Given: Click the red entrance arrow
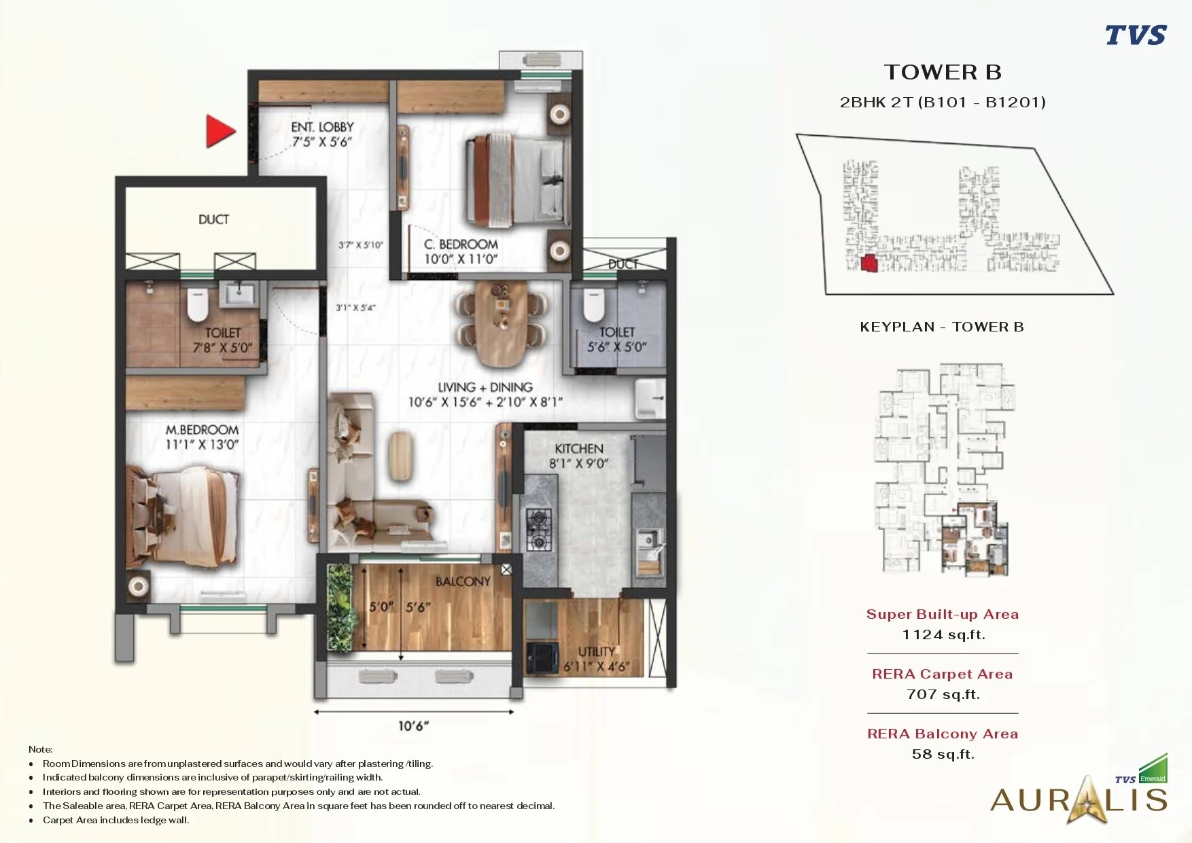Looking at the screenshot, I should [x=220, y=131].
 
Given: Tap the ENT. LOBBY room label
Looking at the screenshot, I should [x=322, y=127].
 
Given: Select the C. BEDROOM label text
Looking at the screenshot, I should [x=461, y=244].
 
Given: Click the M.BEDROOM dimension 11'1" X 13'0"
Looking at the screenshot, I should [x=202, y=445].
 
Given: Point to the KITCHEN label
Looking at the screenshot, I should [x=579, y=449].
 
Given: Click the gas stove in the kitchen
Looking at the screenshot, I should [x=539, y=530].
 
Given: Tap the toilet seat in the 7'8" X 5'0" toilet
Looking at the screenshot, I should [x=197, y=305].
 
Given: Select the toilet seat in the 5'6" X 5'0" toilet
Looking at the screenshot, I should [x=593, y=305].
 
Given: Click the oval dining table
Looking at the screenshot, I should [x=502, y=323].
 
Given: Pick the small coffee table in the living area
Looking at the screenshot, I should [x=401, y=456].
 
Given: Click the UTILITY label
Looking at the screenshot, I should [x=597, y=651].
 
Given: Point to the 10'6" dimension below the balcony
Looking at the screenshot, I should [x=413, y=726].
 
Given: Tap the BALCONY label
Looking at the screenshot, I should [x=463, y=581].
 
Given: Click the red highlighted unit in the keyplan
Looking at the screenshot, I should [x=869, y=264].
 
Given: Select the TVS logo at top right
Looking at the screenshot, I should [x=1135, y=35].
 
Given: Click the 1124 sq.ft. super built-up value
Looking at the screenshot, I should [x=943, y=634].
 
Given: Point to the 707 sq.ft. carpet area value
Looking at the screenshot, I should [x=943, y=694].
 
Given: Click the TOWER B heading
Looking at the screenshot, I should [x=943, y=72].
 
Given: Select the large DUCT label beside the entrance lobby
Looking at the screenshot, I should [x=213, y=219].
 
